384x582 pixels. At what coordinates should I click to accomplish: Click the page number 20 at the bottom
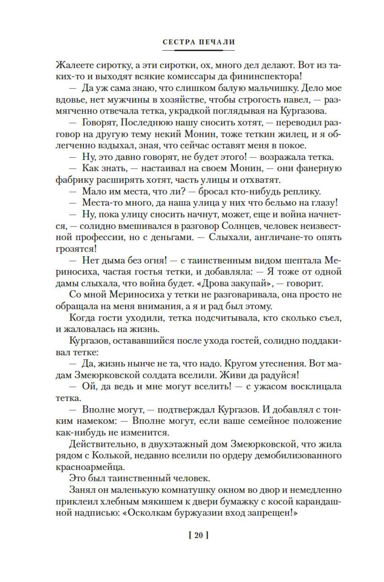[x=199, y=536]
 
